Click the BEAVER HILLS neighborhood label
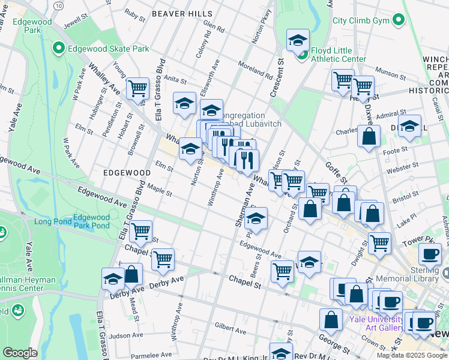point(182,13)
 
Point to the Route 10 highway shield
point(58,5)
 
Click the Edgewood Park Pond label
point(91,221)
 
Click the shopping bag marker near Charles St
point(369,136)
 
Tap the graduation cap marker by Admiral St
point(409,126)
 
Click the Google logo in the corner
point(20,353)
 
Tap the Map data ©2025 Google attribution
point(412,355)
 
